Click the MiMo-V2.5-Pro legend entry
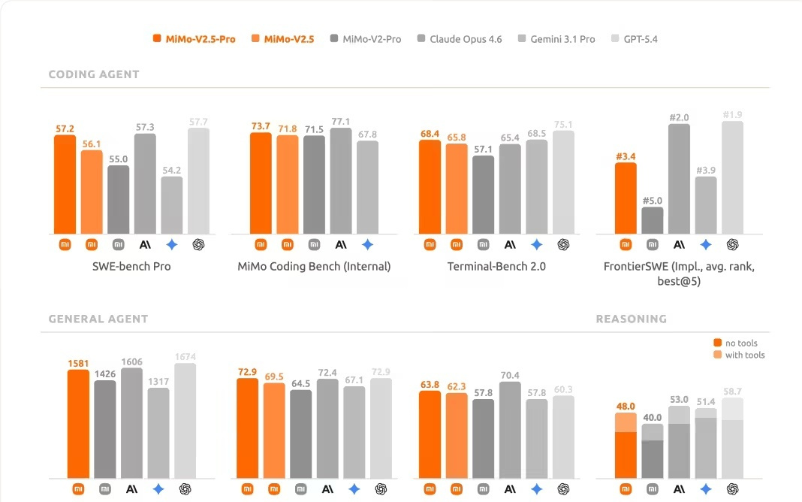(x=194, y=39)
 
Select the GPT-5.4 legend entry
(x=635, y=39)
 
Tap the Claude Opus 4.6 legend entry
(x=459, y=39)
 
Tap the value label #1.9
(x=732, y=114)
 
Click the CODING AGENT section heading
(x=94, y=74)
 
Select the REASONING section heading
(x=631, y=319)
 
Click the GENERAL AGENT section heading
(x=98, y=319)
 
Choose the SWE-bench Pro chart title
(x=131, y=266)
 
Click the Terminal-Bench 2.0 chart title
(x=496, y=266)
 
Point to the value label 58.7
(x=732, y=392)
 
